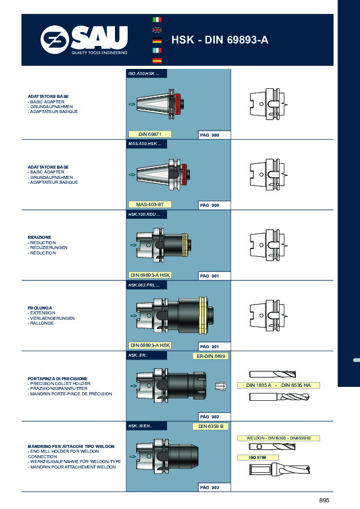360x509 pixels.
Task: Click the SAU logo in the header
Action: click(x=84, y=41)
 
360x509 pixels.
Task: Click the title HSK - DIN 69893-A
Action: click(x=220, y=41)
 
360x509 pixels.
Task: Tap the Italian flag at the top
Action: click(x=157, y=19)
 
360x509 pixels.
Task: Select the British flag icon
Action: click(x=157, y=30)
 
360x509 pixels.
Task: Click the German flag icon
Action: click(x=157, y=41)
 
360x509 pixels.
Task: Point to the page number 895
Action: click(x=324, y=499)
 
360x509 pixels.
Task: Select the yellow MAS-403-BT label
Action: click(x=146, y=204)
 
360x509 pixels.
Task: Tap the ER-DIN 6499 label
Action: click(x=211, y=357)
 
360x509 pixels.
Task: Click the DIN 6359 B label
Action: click(x=211, y=426)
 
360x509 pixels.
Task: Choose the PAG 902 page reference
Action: click(x=209, y=417)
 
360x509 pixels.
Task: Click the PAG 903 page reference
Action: click(x=209, y=487)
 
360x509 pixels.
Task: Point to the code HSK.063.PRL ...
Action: click(x=144, y=285)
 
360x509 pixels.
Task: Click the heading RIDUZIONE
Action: click(x=39, y=238)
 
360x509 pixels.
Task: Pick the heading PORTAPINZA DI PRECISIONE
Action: click(x=57, y=378)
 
